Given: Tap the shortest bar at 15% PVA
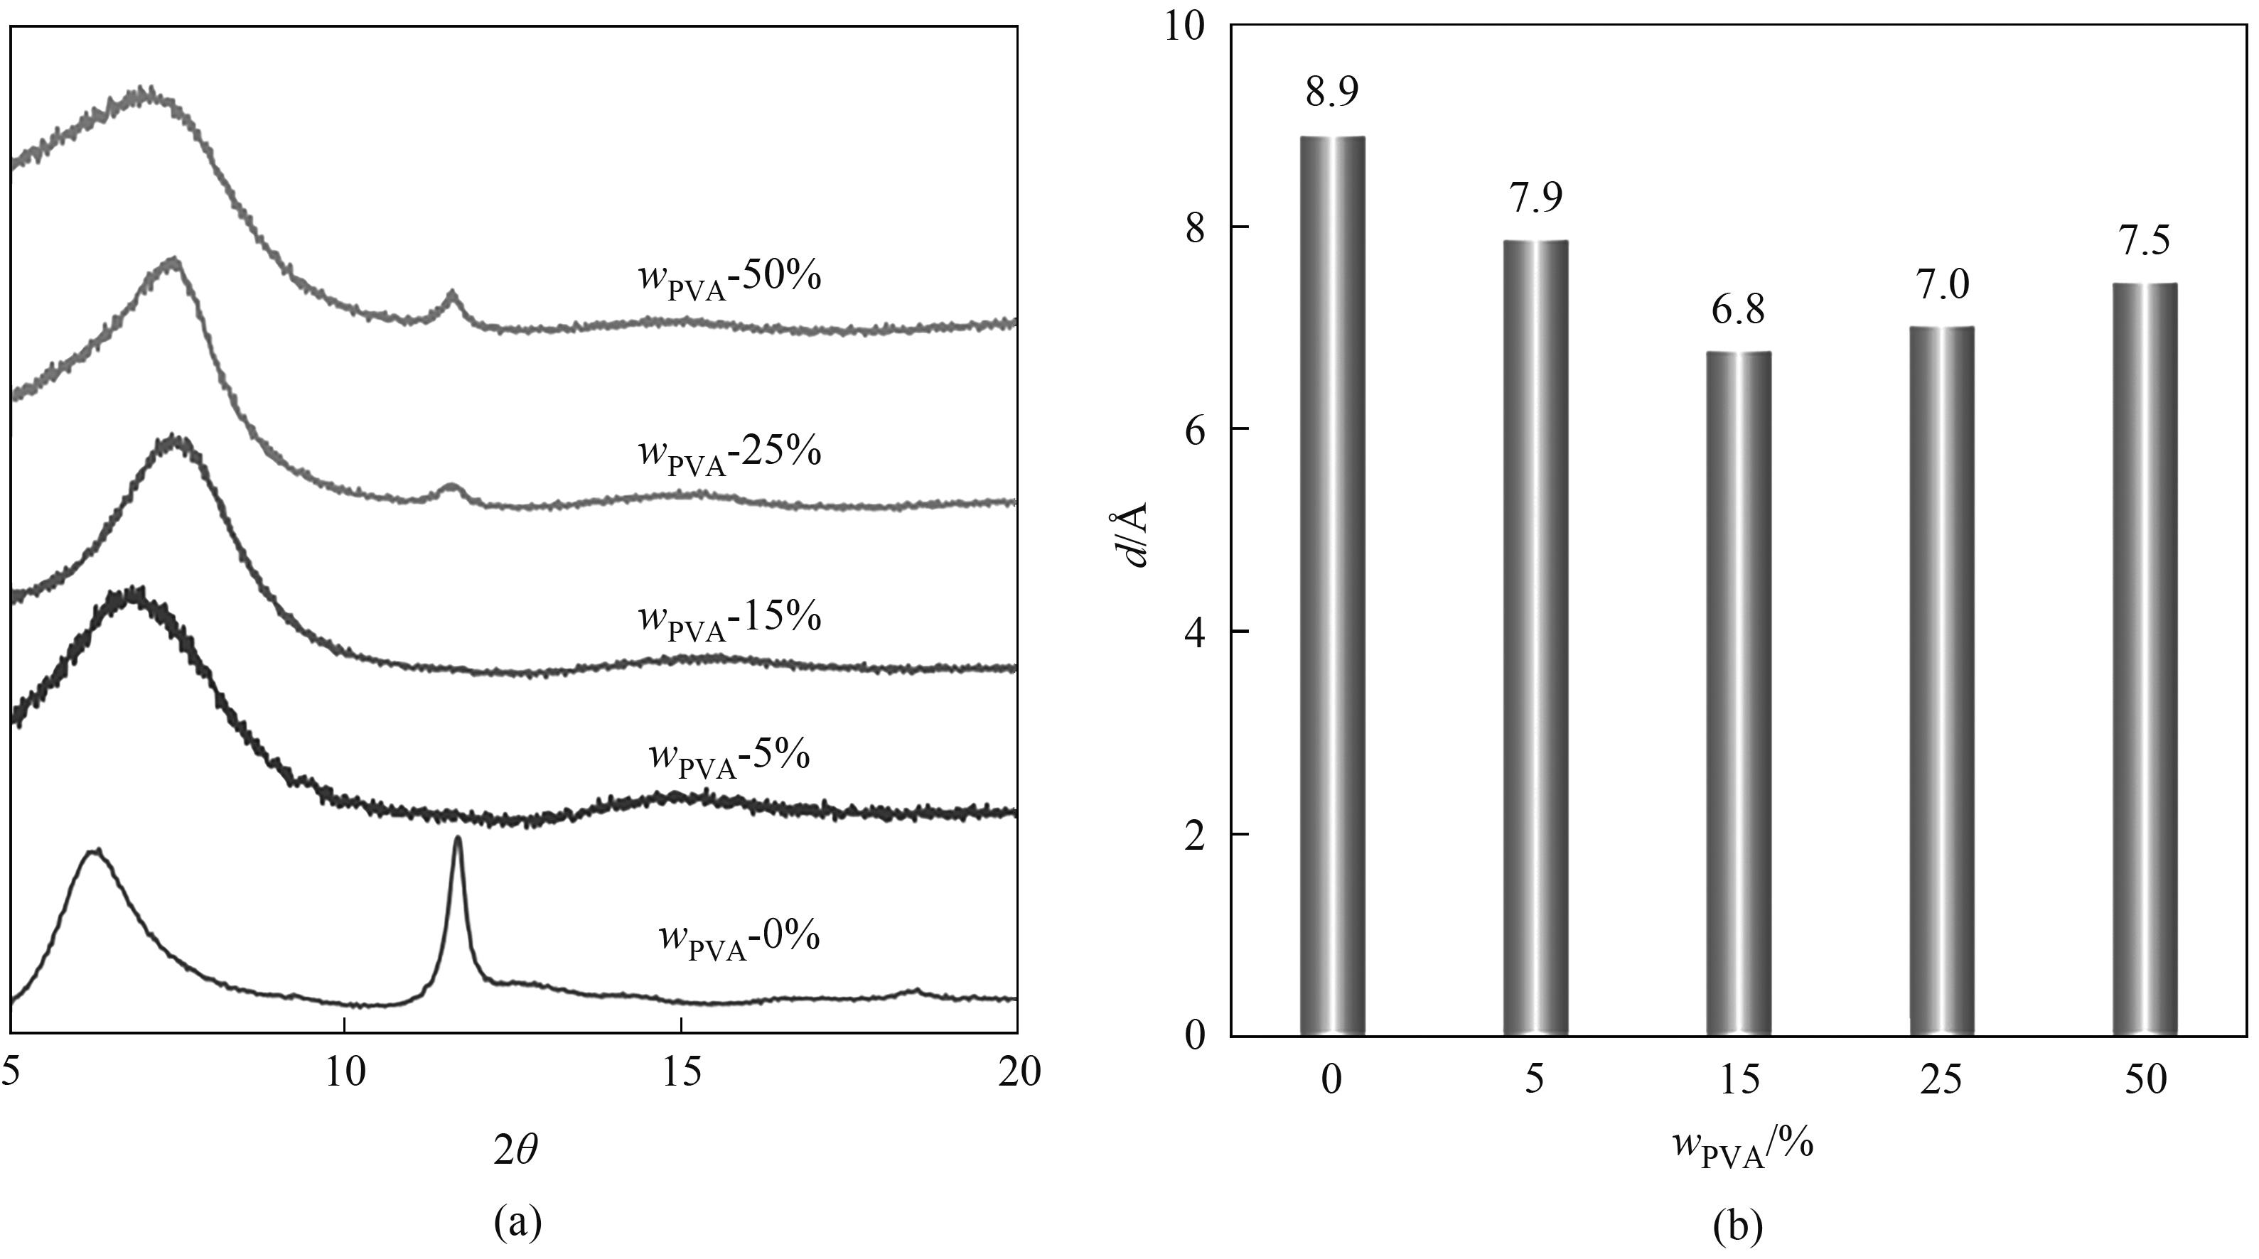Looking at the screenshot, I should tap(1738, 693).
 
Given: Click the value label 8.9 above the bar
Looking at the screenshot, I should tap(1332, 91).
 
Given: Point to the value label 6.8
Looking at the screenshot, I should tap(1738, 310).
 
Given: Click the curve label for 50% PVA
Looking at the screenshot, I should tap(729, 280).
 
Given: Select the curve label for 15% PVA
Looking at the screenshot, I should tap(729, 620).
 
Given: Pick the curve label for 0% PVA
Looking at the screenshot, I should tap(739, 939).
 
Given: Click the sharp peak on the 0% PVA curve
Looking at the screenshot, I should tap(457, 842).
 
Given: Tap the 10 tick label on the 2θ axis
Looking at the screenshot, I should tap(345, 1072).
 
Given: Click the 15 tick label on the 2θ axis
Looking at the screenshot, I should tap(682, 1072).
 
